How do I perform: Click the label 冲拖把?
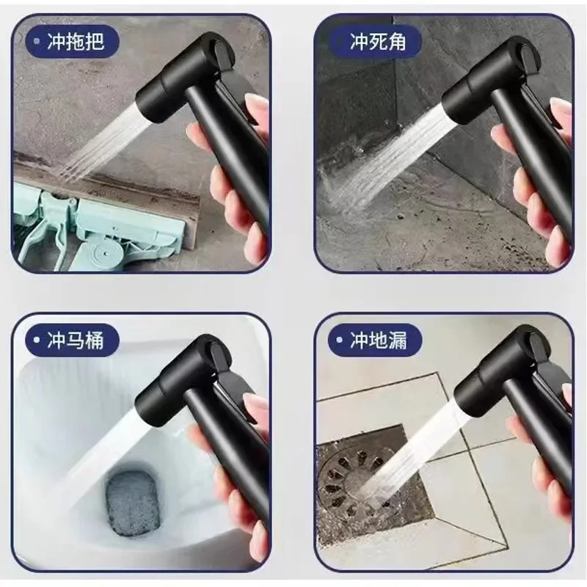pyautogui.click(x=76, y=41)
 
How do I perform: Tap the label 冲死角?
pyautogui.click(x=378, y=41)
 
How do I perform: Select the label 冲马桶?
pyautogui.click(x=76, y=340)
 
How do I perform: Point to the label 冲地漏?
pyautogui.click(x=378, y=340)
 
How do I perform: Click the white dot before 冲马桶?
pyautogui.click(x=36, y=340)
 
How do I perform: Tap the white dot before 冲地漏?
pyautogui.click(x=339, y=340)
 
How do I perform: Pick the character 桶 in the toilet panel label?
pyautogui.click(x=95, y=340)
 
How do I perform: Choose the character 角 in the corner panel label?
pyautogui.click(x=397, y=41)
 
